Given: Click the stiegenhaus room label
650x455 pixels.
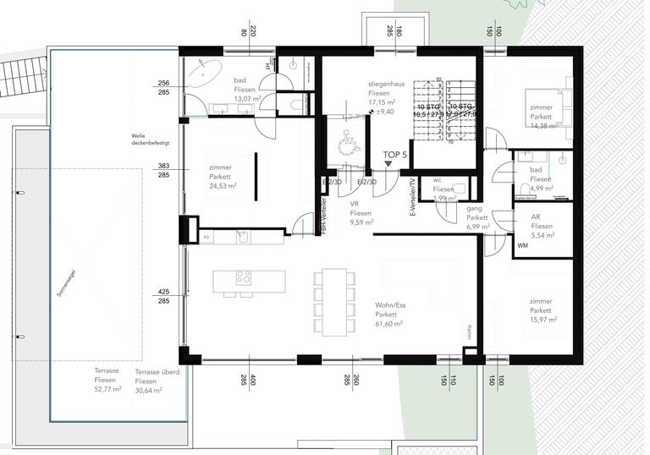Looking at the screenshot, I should [x=387, y=85].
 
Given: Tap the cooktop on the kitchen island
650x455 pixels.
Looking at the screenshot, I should [x=244, y=277].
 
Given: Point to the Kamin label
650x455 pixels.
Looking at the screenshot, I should [x=468, y=332].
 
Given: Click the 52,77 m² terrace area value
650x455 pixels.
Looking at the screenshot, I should [x=107, y=389].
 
